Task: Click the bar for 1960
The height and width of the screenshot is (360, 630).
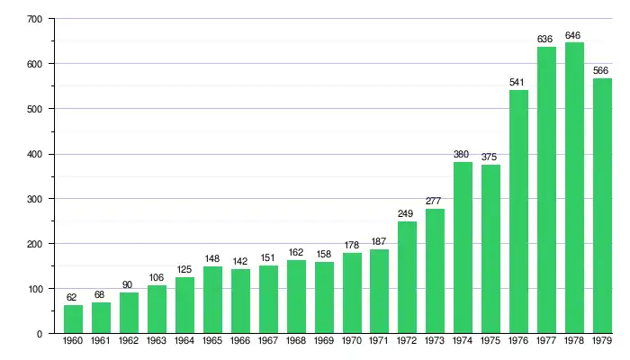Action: [x=73, y=319]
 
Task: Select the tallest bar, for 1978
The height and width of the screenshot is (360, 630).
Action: [x=574, y=188]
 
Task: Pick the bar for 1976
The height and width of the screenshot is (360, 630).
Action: [x=518, y=211]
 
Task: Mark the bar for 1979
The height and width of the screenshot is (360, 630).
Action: [x=602, y=206]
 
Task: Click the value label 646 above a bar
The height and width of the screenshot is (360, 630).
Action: [x=574, y=36]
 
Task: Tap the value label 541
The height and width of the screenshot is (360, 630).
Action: [x=518, y=83]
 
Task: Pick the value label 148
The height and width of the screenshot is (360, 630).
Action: [x=212, y=260]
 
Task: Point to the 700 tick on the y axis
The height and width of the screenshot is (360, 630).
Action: [x=35, y=19]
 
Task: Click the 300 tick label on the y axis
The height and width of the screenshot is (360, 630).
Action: [x=35, y=199]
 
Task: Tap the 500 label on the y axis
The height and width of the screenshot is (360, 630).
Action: [x=35, y=109]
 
